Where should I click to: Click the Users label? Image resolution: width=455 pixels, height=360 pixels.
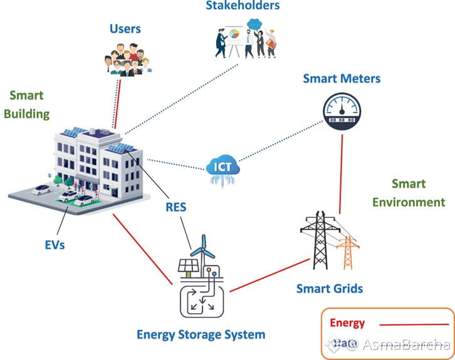pos(125,29)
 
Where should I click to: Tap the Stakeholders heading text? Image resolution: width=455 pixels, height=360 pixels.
pos(242,6)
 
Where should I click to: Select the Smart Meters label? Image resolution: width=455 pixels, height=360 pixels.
pos(342,79)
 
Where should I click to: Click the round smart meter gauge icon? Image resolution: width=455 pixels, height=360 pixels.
pos(342,111)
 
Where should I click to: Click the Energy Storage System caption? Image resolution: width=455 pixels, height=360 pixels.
pos(201,334)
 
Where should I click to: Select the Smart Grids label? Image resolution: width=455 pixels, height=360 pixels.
pos(329,289)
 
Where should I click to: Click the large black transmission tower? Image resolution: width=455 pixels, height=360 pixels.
pos(320,240)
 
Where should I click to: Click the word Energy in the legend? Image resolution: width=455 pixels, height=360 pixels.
pos(347,323)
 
